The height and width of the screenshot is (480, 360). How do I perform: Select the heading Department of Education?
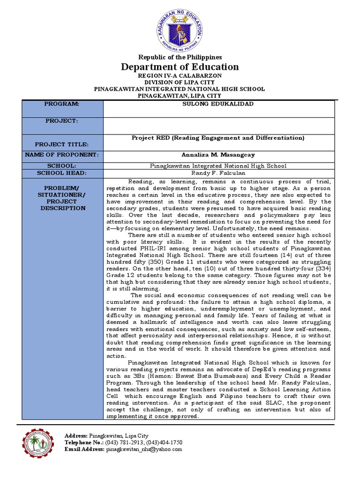pyautogui.click(x=180, y=67)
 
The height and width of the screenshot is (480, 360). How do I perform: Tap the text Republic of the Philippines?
pyautogui.click(x=180, y=57)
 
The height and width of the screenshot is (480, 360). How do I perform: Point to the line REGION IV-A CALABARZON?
pyautogui.click(x=180, y=75)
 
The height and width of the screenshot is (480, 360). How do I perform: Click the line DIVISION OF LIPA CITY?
pyautogui.click(x=180, y=82)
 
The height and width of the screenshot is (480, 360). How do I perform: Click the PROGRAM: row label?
pyautogui.click(x=62, y=104)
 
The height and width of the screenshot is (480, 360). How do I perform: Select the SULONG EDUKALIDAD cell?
pyautogui.click(x=218, y=104)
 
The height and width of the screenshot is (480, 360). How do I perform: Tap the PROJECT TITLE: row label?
pyautogui.click(x=62, y=144)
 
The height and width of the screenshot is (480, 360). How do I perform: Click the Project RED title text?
pyautogui.click(x=218, y=138)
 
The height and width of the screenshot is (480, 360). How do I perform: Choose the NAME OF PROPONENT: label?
pyautogui.click(x=62, y=155)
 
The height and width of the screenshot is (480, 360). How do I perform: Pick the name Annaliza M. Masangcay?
pyautogui.click(x=218, y=155)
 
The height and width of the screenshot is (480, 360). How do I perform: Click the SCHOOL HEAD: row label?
pyautogui.click(x=62, y=173)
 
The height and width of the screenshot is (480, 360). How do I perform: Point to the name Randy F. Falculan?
pyautogui.click(x=218, y=173)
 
